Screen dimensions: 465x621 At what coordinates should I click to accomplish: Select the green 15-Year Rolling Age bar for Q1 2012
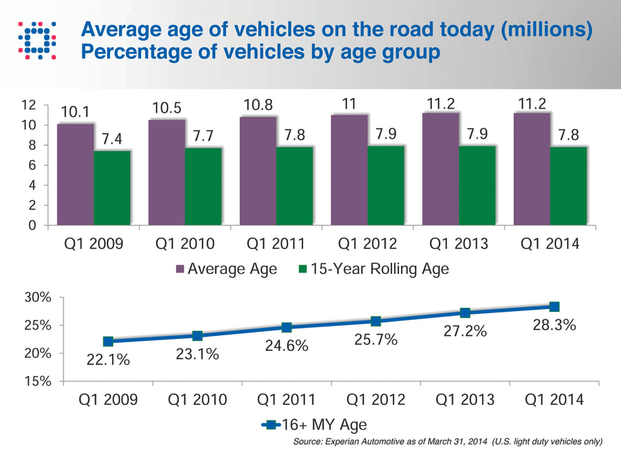coord(386,185)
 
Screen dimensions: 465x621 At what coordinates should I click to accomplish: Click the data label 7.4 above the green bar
coord(111,140)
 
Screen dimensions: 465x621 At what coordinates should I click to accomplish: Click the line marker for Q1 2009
coord(108,341)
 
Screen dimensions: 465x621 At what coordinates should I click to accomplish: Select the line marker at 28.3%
coord(554,306)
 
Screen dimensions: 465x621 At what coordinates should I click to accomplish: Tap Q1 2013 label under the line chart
coord(465,400)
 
